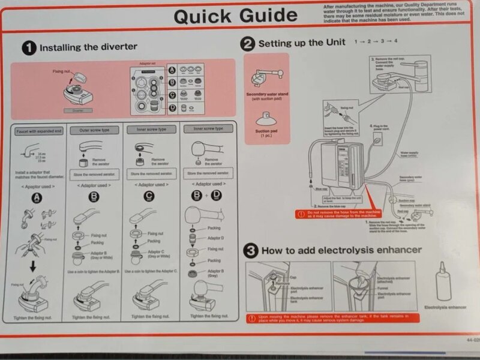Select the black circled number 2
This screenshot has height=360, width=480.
point(248,43)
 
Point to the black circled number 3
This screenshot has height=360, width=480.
point(251,251)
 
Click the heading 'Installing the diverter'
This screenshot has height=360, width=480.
point(88,47)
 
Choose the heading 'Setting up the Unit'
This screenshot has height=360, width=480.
point(302,43)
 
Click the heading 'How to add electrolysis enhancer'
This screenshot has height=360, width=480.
point(341,250)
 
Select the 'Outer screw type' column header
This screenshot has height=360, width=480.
point(94,130)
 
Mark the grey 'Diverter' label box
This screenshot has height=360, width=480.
point(77,110)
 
